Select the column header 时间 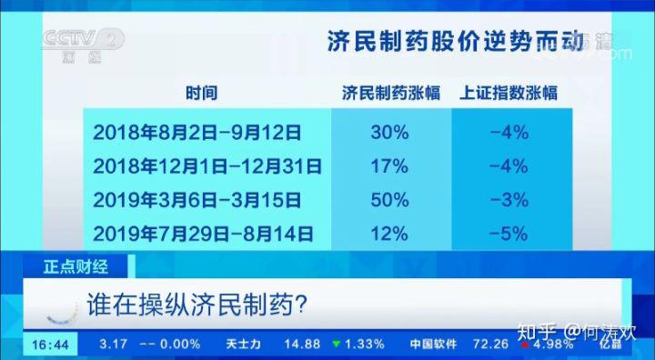coord(202,93)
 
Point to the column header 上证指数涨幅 coord(509,93)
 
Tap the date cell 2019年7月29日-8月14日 coord(202,234)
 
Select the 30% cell coord(388,133)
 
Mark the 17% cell coord(388,166)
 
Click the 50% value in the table coord(388,200)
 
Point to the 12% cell coord(388,234)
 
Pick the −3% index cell coord(509,200)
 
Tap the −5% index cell coord(509,234)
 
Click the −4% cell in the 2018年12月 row coord(509,166)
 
